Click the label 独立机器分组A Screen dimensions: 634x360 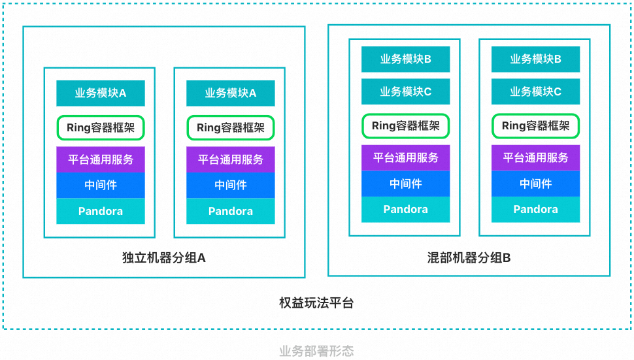pyautogui.click(x=164, y=257)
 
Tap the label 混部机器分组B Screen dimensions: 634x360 pyautogui.click(x=469, y=257)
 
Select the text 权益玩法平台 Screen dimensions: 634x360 pyautogui.click(x=316, y=303)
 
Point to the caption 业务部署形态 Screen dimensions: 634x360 pyautogui.click(x=316, y=352)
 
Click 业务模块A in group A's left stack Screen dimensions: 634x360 pyautogui.click(x=100, y=93)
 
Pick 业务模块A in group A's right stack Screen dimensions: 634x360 pyautogui.click(x=230, y=93)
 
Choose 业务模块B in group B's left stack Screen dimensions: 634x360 pyautogui.click(x=405, y=59)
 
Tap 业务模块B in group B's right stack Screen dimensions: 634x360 pyautogui.click(x=535, y=59)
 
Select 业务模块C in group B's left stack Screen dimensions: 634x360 pyautogui.click(x=405, y=91)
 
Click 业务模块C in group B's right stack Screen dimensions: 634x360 pyautogui.click(x=535, y=91)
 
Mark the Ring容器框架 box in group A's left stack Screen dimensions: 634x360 pyautogui.click(x=100, y=127)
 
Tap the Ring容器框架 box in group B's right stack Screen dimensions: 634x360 pyautogui.click(x=535, y=125)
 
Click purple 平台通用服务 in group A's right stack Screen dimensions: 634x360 pyautogui.click(x=230, y=159)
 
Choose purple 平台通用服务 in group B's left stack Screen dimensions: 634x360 pyautogui.click(x=405, y=157)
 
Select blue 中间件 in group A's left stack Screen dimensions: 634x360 pyautogui.click(x=100, y=185)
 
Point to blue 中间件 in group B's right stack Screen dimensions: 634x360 pyautogui.click(x=535, y=184)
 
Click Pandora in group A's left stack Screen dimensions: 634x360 pyautogui.click(x=100, y=211)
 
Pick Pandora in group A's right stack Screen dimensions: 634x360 pyautogui.click(x=230, y=211)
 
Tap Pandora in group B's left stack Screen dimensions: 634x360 pyautogui.click(x=405, y=209)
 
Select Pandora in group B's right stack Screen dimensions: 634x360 pyautogui.click(x=535, y=209)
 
